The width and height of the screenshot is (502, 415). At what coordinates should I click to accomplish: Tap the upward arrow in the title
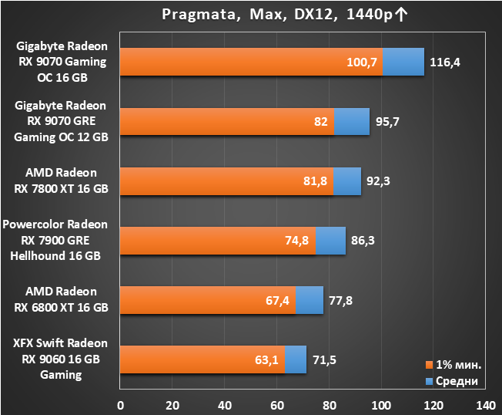coord(401,15)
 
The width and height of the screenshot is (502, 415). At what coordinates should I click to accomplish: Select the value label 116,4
coord(445,62)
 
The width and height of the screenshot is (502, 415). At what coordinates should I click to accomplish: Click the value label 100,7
coord(362,62)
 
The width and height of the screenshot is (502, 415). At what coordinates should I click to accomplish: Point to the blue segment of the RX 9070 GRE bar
coord(352,122)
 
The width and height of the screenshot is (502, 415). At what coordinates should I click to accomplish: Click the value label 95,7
coord(387,122)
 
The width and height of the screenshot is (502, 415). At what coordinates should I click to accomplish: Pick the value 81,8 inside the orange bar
coord(316,181)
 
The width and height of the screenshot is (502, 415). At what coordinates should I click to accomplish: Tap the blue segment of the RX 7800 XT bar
coord(347,181)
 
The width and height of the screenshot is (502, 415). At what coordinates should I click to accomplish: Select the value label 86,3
coord(363,241)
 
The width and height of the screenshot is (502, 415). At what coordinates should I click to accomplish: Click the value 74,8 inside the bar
coord(296,241)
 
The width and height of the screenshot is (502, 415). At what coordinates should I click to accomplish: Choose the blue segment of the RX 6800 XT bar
coord(310,300)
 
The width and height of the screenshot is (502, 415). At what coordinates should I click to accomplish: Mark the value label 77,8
coord(340,301)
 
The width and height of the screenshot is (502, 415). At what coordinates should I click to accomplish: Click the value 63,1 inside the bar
coord(266,360)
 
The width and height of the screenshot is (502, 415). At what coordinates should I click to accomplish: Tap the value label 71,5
coord(324,360)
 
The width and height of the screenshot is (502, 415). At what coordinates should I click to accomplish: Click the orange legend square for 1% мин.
coord(430,365)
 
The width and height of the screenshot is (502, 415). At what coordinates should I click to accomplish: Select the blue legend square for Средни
coord(430,381)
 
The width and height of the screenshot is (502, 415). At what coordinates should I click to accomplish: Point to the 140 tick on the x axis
coord(486,406)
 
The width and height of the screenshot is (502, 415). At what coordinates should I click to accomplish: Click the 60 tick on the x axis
coord(277,406)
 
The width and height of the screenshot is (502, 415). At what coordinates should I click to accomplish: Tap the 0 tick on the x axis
coord(120,406)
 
